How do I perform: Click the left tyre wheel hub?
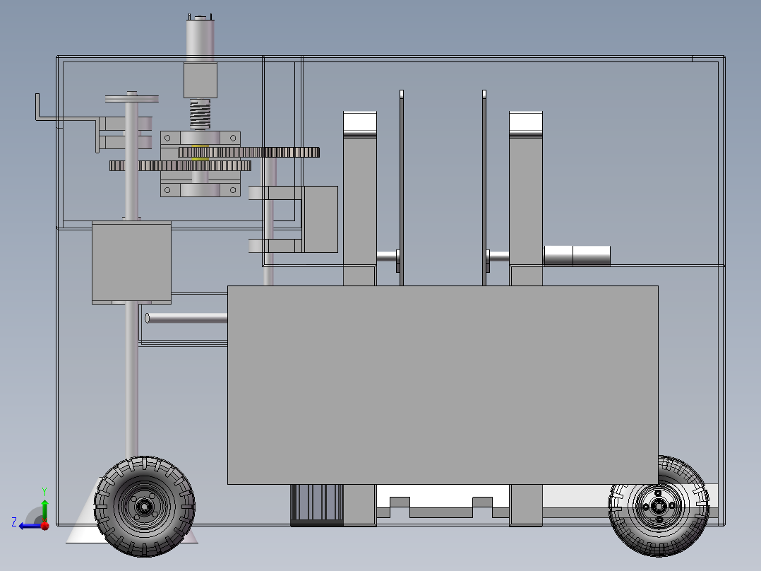click(x=144, y=507)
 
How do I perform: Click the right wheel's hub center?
click(x=659, y=507)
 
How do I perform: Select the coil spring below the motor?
click(x=200, y=114)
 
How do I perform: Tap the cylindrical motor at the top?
click(x=200, y=39)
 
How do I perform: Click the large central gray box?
click(x=443, y=385)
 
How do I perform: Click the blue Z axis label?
click(x=14, y=522)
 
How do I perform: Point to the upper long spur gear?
click(x=249, y=152)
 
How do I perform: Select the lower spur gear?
click(x=180, y=165)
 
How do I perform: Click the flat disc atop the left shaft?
click(x=132, y=99)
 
